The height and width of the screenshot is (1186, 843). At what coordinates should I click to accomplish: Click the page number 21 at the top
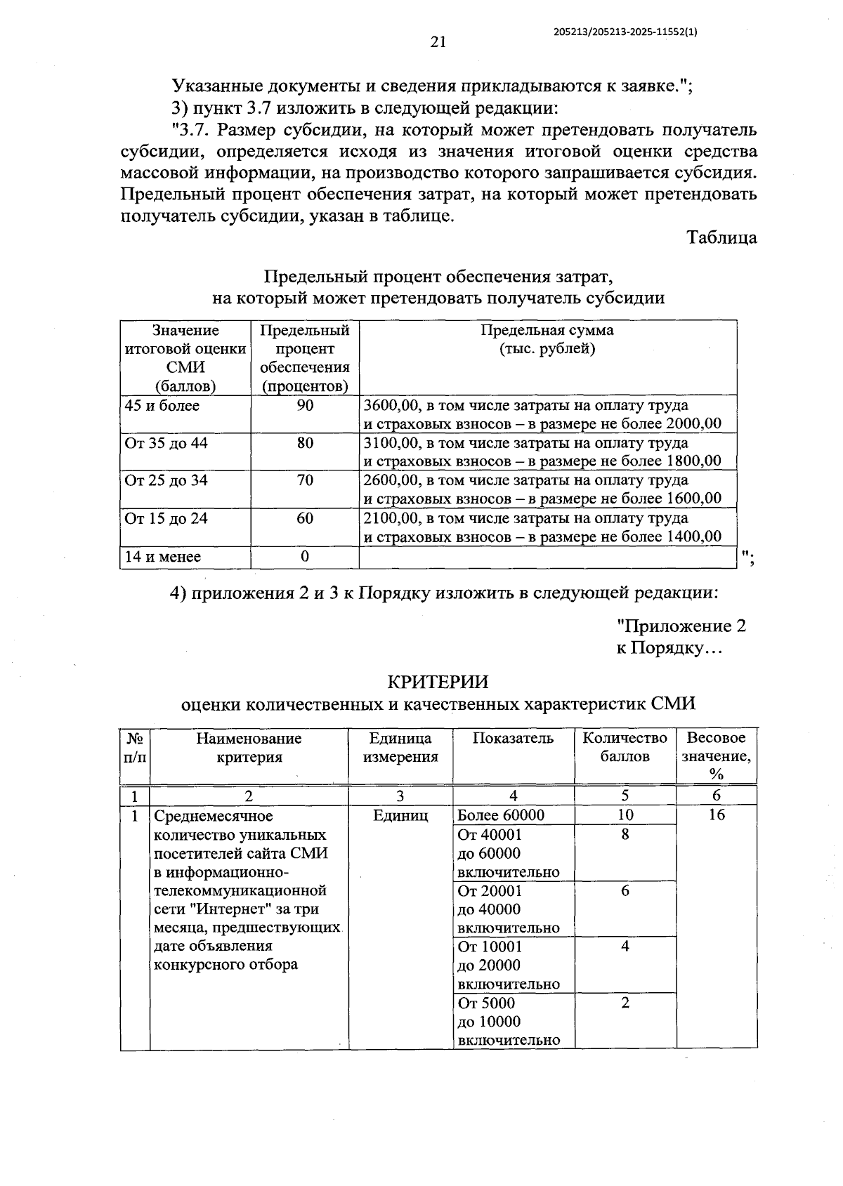pyautogui.click(x=438, y=42)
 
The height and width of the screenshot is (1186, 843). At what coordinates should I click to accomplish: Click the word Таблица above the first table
pyautogui.click(x=721, y=237)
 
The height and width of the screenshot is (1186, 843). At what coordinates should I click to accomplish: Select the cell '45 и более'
pyautogui.click(x=162, y=406)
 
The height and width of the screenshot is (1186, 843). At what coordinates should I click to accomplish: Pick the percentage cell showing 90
pyautogui.click(x=305, y=406)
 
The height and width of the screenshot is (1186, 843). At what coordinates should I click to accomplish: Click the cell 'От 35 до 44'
pyautogui.click(x=166, y=443)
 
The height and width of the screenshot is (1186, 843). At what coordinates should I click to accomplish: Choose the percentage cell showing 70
pyautogui.click(x=305, y=481)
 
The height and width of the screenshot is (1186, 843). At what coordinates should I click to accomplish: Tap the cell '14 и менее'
pyautogui.click(x=163, y=557)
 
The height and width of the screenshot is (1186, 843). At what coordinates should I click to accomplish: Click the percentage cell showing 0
pyautogui.click(x=305, y=557)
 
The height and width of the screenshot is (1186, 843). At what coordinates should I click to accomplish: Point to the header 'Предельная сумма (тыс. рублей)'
pyautogui.click(x=547, y=340)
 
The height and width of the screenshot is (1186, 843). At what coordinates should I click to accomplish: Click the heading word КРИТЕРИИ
pyautogui.click(x=438, y=682)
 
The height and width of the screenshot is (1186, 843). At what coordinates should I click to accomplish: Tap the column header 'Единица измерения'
pyautogui.click(x=400, y=747)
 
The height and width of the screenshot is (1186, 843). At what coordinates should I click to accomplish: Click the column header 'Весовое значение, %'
pyautogui.click(x=716, y=756)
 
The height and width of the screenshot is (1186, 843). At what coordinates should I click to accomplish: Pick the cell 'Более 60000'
pyautogui.click(x=501, y=815)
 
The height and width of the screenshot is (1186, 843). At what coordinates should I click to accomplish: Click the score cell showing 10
pyautogui.click(x=625, y=815)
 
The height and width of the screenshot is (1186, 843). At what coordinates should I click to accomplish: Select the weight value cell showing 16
pyautogui.click(x=716, y=815)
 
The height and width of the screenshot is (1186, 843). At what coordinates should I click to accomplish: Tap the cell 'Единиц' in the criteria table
pyautogui.click(x=400, y=815)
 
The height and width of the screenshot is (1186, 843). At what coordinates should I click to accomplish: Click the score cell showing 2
pyautogui.click(x=625, y=1003)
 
